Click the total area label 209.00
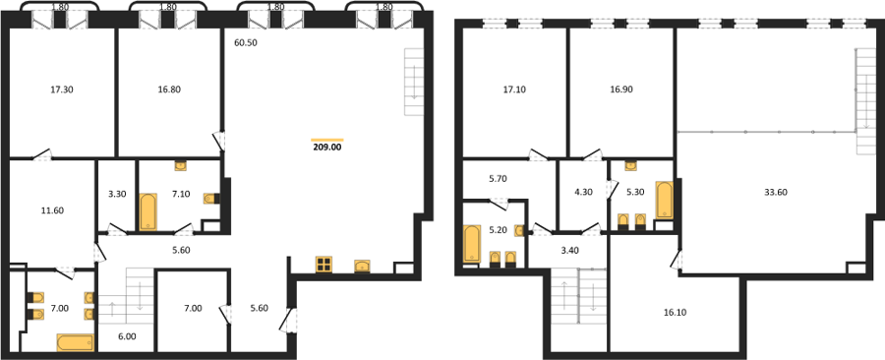[x=327, y=148]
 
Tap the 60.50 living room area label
[x=246, y=42]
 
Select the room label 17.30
[x=62, y=90]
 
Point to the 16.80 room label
[x=170, y=90]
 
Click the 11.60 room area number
[x=52, y=210]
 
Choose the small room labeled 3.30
[x=116, y=194]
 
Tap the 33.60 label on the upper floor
[x=776, y=192]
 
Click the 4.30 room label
[x=583, y=191]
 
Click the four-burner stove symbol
[x=324, y=264]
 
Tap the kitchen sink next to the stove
[x=362, y=266]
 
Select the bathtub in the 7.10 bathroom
[x=148, y=211]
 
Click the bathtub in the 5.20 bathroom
[x=471, y=244]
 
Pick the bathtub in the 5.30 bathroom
[x=664, y=200]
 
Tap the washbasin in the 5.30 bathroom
[x=631, y=165]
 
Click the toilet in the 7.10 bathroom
[x=210, y=198]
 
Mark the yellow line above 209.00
[x=327, y=140]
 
